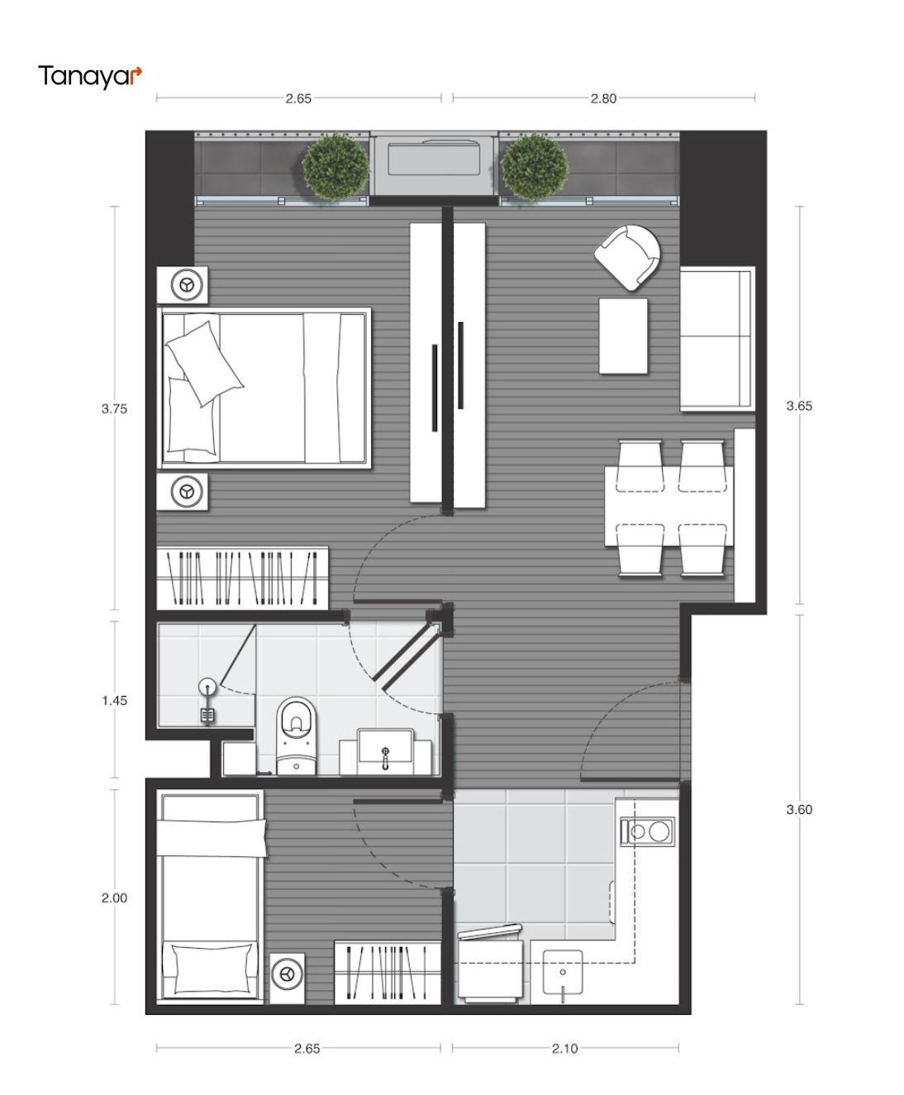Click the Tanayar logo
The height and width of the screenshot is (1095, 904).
click(x=90, y=77)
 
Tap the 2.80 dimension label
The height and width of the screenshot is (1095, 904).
click(x=603, y=98)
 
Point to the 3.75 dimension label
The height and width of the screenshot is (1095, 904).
click(x=114, y=408)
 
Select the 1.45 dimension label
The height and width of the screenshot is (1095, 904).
click(x=114, y=700)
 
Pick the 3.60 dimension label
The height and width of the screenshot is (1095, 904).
click(x=799, y=809)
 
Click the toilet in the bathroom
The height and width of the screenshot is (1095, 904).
click(x=297, y=736)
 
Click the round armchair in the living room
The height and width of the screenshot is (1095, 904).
click(x=627, y=256)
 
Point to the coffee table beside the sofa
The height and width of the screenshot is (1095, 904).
click(x=623, y=336)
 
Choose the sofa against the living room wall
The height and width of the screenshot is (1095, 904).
click(x=717, y=339)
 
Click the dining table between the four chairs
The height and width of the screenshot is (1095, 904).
click(x=668, y=507)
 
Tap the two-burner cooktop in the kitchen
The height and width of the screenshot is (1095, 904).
click(x=648, y=831)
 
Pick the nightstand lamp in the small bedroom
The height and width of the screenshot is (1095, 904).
click(x=287, y=974)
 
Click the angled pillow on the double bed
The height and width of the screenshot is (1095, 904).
click(x=204, y=364)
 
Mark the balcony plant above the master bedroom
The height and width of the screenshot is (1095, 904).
click(x=335, y=165)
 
